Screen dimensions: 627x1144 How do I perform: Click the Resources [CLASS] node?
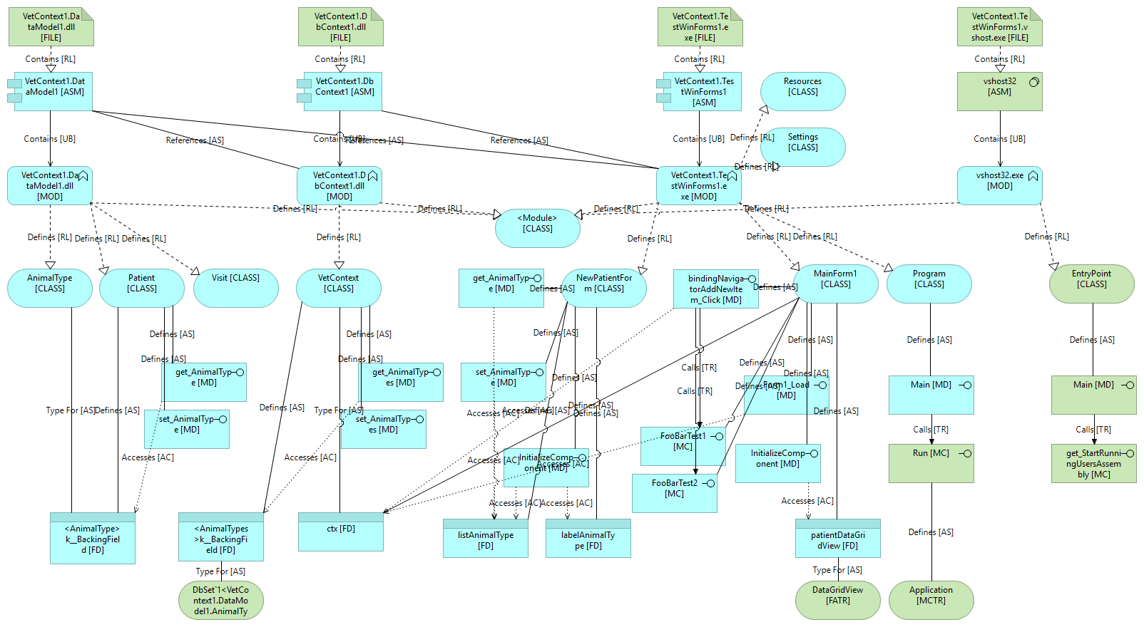[802, 91]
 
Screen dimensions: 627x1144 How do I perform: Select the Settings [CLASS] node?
[802, 147]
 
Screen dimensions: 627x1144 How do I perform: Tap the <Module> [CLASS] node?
[537, 228]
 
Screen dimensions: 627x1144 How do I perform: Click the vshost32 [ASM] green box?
[999, 91]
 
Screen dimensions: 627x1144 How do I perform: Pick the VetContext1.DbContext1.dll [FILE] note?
[340, 27]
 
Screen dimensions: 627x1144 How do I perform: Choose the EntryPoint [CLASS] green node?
[1091, 284]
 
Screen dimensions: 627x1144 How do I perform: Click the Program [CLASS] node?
[929, 284]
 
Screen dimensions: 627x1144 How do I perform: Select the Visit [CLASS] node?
[235, 287]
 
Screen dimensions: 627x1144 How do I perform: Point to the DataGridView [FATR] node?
[837, 600]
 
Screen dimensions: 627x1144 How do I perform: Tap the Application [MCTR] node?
[931, 600]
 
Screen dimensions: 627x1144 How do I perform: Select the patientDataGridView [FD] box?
[837, 539]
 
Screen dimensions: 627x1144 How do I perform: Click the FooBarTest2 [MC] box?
[674, 493]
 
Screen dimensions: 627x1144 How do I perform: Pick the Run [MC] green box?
[931, 463]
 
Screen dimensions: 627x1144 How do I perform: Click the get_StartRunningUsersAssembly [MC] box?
[1093, 463]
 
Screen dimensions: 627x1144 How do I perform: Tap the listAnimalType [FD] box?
[485, 539]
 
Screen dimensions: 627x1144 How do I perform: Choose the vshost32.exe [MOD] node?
[999, 185]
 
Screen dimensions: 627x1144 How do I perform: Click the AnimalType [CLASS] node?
[50, 287]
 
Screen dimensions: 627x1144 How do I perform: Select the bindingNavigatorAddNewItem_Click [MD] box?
[715, 289]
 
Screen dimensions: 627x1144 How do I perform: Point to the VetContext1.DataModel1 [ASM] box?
[54, 91]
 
